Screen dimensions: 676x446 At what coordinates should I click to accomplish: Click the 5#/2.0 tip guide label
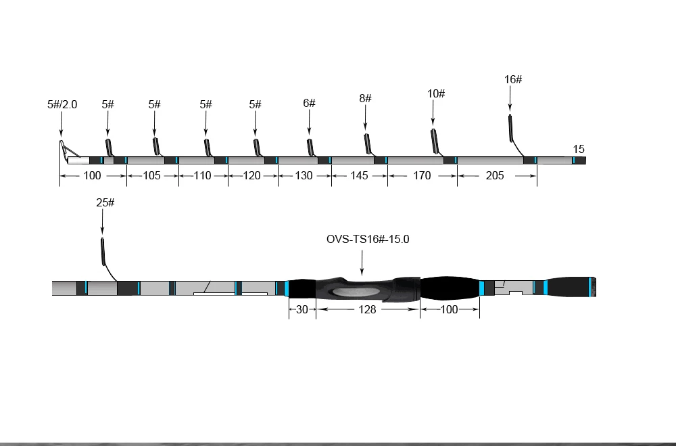coord(62,104)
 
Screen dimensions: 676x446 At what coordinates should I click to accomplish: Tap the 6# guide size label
coord(309,103)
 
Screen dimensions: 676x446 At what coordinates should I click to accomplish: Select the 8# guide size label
coord(365,98)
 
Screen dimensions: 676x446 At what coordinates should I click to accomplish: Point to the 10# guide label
coord(436,93)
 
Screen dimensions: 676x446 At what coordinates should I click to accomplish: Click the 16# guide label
coord(513,79)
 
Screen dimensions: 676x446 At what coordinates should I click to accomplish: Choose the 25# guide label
coord(105,202)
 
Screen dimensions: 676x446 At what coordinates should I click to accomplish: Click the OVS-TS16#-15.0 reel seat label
coord(368,239)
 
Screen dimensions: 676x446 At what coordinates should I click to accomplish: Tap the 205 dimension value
coord(495,176)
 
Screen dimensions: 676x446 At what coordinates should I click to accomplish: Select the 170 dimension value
coord(422,176)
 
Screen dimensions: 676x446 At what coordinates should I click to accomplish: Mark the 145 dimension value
coord(359,176)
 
